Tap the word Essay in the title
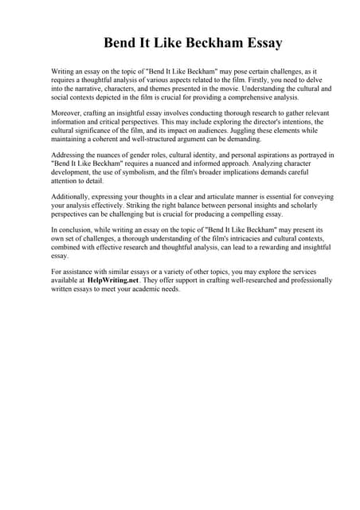(x=266, y=41)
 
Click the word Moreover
(x=67, y=113)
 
